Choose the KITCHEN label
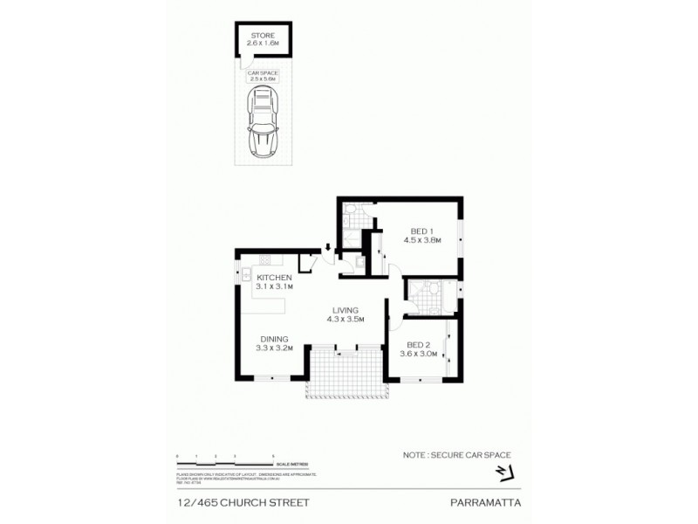[x=273, y=278]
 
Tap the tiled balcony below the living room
[x=344, y=376]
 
